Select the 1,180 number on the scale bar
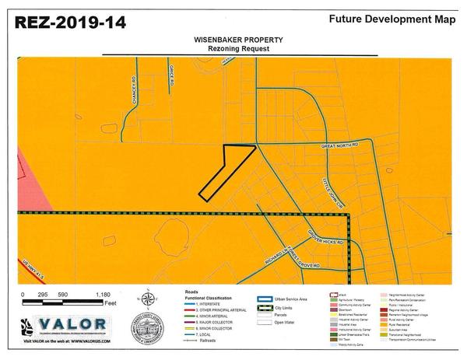click(103, 295)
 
